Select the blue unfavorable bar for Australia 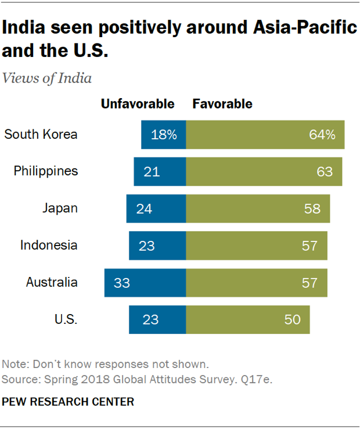tap(145, 283)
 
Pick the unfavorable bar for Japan tap(156, 208)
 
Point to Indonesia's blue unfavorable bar tap(157, 246)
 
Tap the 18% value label tap(164, 135)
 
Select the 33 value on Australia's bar tap(122, 283)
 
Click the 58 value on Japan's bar tap(312, 208)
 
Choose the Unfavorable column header tap(138, 104)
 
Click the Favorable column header tap(222, 104)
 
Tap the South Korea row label tap(41, 135)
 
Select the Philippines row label tap(46, 171)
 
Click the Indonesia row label tap(49, 246)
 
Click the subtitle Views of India tap(47, 78)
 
